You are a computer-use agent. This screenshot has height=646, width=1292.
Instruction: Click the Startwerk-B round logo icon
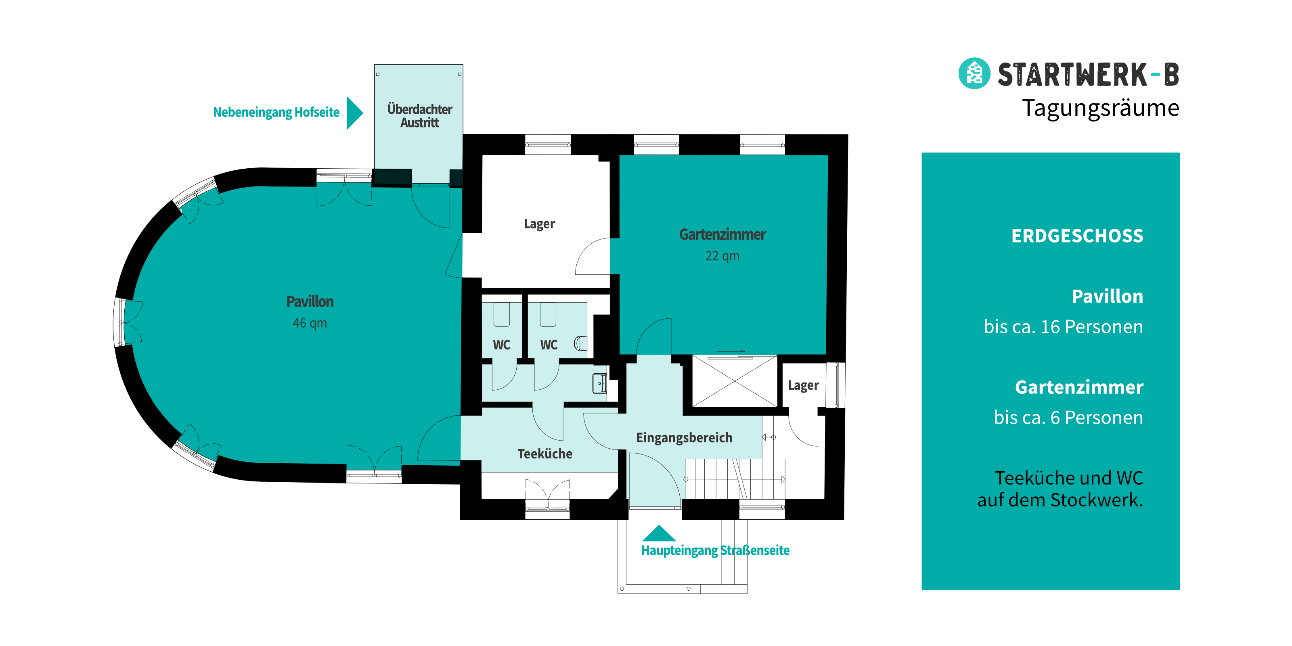pos(974,73)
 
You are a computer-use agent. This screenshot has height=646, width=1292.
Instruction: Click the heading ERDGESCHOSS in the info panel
pos(1077,236)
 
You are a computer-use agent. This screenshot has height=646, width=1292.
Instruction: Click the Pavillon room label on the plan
pos(310,301)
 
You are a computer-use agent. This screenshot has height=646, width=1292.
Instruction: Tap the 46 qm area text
pos(310,323)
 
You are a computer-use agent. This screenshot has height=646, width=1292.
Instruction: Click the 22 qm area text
pos(722,256)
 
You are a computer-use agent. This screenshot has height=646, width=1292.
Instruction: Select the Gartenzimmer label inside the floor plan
pos(722,234)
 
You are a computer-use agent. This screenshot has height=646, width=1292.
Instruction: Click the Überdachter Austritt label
pos(420,116)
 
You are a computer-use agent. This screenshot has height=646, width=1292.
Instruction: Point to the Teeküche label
pos(544,454)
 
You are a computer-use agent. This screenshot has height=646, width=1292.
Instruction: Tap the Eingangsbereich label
pos(684,438)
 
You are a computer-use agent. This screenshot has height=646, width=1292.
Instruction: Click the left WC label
pos(502,345)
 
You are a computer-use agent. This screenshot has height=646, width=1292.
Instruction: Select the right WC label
pos(549,345)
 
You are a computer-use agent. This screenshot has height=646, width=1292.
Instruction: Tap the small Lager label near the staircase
pos(803,386)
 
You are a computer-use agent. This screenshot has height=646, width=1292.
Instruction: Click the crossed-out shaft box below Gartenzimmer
pos(735,381)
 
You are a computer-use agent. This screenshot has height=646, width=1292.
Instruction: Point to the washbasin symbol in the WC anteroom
pos(599,383)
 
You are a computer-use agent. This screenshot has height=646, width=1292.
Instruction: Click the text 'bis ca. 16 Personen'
pos(1063,327)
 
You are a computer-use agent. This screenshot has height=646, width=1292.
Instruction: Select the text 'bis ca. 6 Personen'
pos(1068,418)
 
